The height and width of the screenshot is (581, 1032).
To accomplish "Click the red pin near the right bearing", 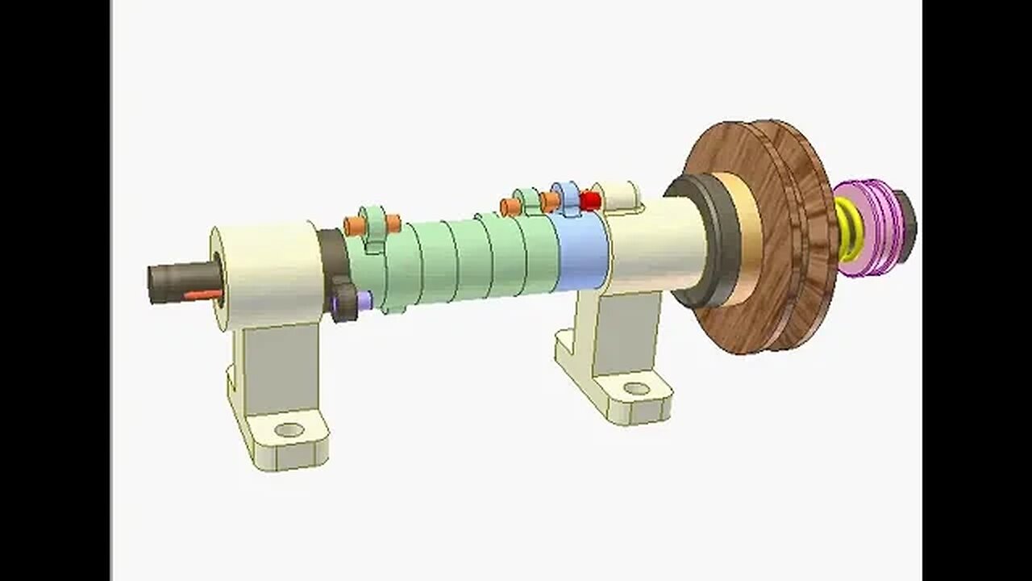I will [x=590, y=200].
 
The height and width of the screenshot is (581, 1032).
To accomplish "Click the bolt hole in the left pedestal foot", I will [x=288, y=429].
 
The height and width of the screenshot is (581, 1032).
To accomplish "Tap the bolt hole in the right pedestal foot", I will [x=636, y=389].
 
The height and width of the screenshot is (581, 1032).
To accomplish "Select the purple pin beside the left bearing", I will [x=364, y=300].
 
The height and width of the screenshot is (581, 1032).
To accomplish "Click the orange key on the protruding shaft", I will [x=202, y=295].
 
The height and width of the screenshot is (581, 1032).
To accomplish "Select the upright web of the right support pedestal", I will [x=621, y=331].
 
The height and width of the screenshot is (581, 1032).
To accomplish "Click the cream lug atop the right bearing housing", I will [x=621, y=195].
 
